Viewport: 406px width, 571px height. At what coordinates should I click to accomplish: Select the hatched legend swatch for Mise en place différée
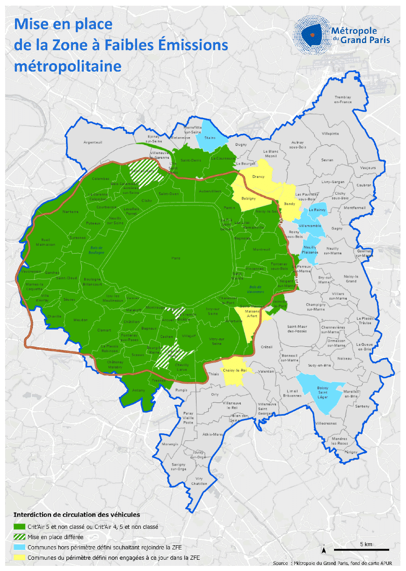pyautogui.click(x=20, y=537)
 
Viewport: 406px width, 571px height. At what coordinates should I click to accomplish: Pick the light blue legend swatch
pyautogui.click(x=20, y=547)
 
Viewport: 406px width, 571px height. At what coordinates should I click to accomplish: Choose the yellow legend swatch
pyautogui.click(x=20, y=557)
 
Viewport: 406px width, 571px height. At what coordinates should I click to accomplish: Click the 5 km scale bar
pyautogui.click(x=362, y=549)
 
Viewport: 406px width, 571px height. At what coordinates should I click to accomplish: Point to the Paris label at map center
pyautogui.click(x=176, y=258)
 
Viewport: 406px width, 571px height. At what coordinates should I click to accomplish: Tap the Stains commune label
pyautogui.click(x=210, y=138)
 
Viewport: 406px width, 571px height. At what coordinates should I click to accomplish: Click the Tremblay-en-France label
pyautogui.click(x=342, y=100)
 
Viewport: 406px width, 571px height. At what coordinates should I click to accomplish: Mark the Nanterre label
pyautogui.click(x=71, y=212)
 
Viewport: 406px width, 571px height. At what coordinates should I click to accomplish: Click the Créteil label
pyautogui.click(x=266, y=347)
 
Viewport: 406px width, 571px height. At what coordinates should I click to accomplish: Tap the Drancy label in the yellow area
pyautogui.click(x=258, y=176)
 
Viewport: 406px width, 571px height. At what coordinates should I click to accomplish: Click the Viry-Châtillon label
pyautogui.click(x=199, y=481)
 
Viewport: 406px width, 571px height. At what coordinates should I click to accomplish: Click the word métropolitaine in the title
pyautogui.click(x=68, y=66)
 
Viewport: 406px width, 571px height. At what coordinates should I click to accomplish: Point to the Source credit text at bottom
pyautogui.click(x=332, y=563)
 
